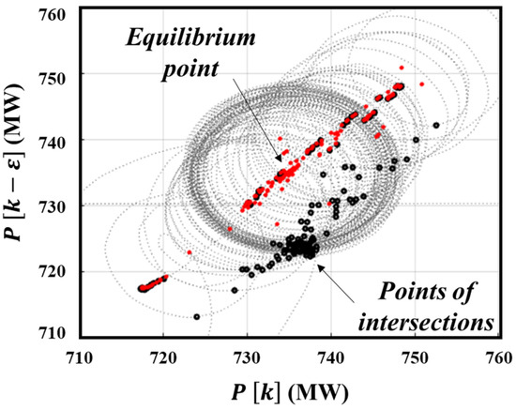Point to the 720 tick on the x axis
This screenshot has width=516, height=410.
coord(163,357)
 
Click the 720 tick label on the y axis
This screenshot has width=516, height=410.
coord(56,272)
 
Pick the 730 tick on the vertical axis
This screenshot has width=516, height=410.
coord(56,205)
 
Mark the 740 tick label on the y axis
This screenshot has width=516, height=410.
coord(56,140)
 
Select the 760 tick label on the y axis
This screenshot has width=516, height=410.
coord(56,14)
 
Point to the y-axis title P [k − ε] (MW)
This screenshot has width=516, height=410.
coord(16,175)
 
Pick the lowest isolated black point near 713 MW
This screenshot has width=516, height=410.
coord(197,317)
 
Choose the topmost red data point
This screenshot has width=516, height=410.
coord(402,68)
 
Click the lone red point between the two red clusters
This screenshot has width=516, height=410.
coord(190,252)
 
